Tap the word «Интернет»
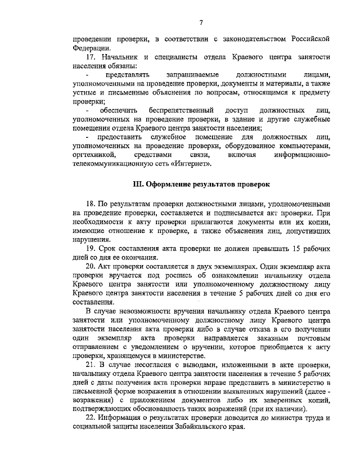(x=193, y=164)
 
